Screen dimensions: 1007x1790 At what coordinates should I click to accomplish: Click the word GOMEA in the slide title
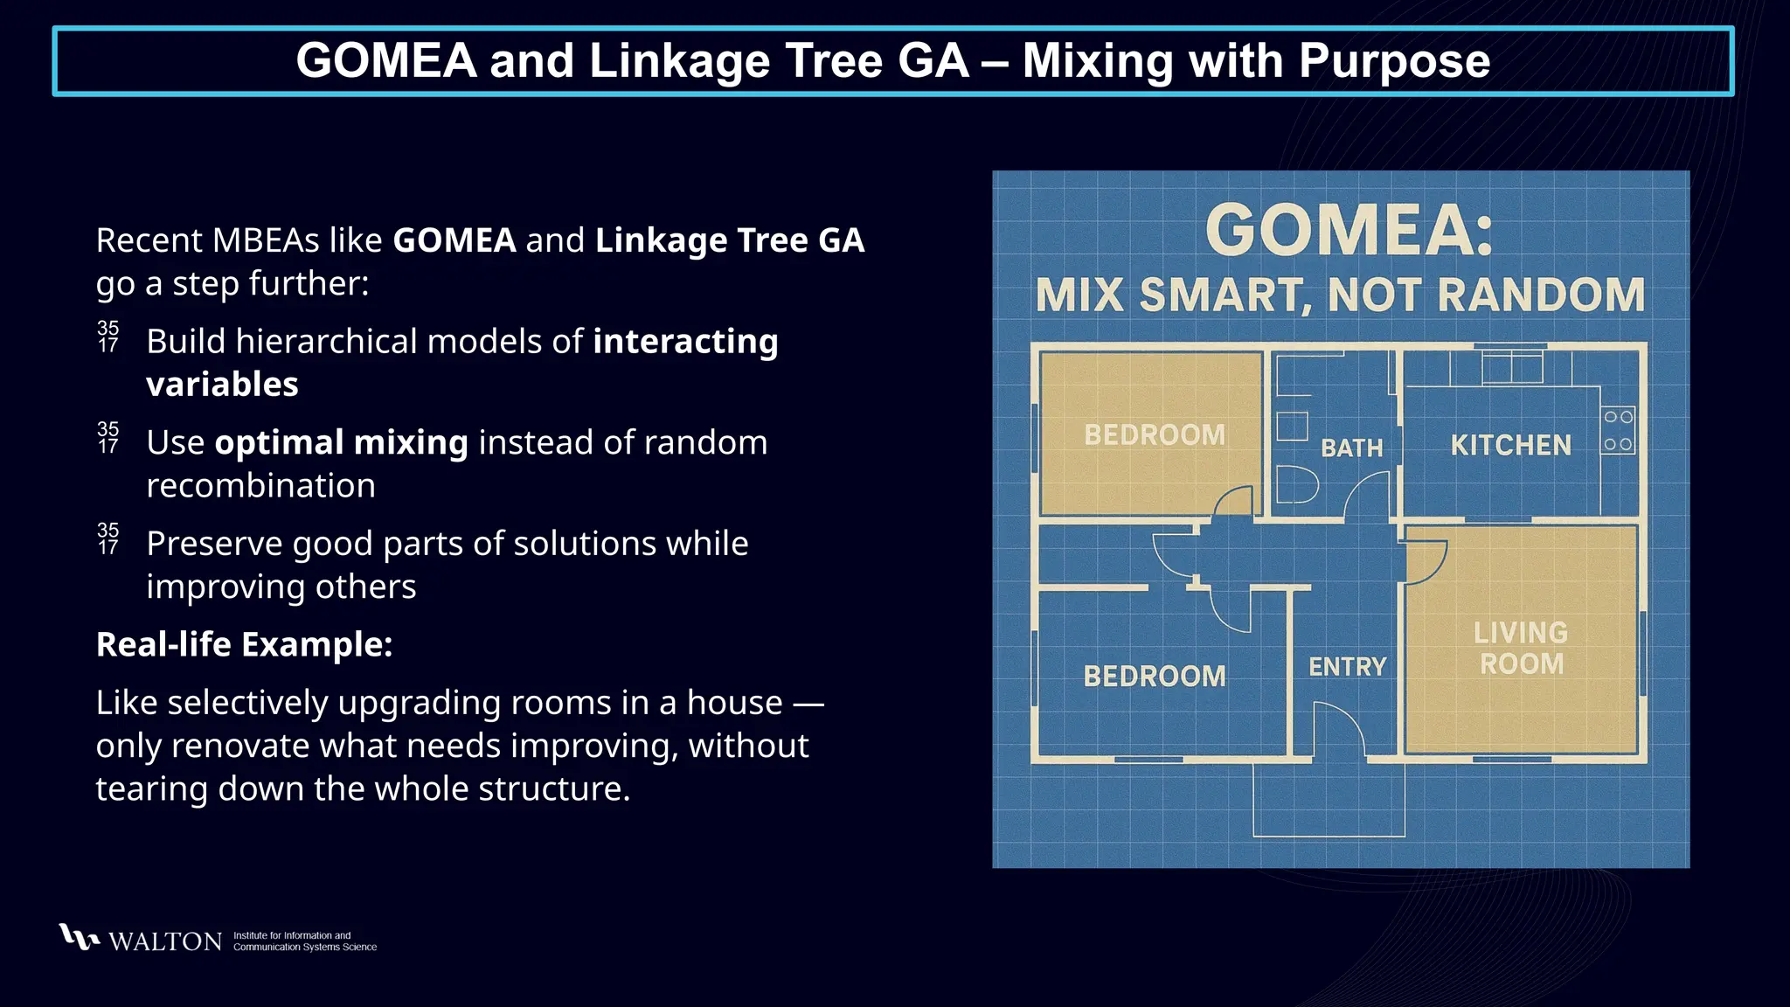(386, 61)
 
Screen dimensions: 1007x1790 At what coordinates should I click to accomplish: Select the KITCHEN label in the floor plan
(1510, 446)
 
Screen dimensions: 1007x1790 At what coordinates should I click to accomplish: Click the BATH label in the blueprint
(1351, 448)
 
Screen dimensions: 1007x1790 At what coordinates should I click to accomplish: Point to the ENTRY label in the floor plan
(1347, 667)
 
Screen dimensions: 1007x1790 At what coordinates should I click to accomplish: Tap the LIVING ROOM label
(1521, 648)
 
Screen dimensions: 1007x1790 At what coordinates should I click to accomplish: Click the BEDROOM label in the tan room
(1155, 435)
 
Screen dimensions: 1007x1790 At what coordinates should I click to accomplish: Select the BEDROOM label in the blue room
(1155, 676)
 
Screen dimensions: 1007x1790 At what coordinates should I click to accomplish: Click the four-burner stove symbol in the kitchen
(1618, 430)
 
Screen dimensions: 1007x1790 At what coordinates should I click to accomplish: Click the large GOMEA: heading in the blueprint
(1349, 231)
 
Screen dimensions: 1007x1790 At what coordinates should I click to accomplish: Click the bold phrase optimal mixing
(341, 442)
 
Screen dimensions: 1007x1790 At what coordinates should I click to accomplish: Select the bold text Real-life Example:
(244, 644)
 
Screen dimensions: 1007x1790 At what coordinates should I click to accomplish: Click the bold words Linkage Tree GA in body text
(730, 240)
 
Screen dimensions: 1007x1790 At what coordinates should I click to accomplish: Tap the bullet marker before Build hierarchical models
(108, 337)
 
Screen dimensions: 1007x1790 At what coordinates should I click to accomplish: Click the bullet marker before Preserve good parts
(108, 539)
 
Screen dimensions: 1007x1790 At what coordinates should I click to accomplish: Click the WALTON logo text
(164, 941)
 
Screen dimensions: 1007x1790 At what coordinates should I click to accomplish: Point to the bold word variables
(222, 385)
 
